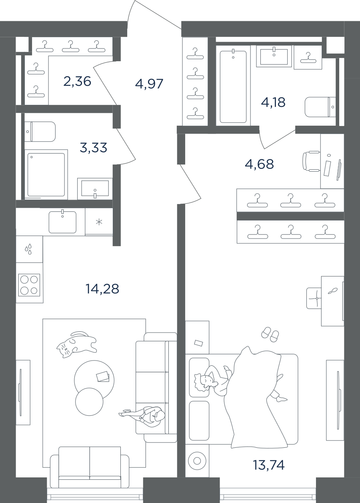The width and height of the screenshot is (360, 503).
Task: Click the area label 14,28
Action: tap(102, 289)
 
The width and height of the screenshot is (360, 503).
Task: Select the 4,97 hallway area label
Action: tap(149, 84)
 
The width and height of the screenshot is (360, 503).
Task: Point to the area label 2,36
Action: tap(77, 81)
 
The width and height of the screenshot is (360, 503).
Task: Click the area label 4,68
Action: tap(259, 164)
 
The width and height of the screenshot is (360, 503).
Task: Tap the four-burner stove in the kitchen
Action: tap(29, 285)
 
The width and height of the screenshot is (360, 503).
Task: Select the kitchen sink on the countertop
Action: tap(62, 222)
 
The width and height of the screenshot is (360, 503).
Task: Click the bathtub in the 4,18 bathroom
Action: tap(233, 86)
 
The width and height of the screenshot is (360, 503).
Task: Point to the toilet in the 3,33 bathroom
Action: tap(40, 132)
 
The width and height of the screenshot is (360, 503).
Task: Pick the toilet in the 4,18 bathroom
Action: tap(320, 107)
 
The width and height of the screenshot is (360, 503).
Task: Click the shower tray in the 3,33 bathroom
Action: tap(46, 174)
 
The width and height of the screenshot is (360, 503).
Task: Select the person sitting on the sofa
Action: tap(142, 414)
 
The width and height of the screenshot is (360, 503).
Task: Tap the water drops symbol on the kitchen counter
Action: tap(28, 249)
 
